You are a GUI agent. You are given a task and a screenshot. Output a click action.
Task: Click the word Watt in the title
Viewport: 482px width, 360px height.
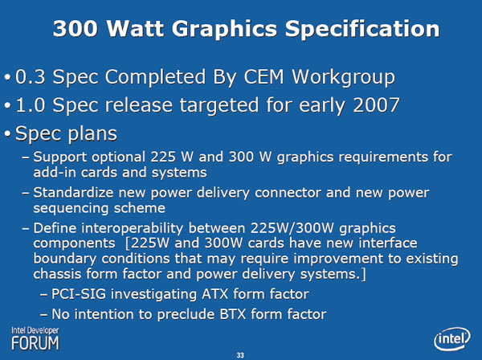[135, 28]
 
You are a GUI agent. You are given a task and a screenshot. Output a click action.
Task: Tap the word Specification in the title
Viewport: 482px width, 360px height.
[362, 30]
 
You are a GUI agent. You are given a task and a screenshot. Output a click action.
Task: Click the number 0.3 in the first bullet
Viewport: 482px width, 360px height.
[31, 76]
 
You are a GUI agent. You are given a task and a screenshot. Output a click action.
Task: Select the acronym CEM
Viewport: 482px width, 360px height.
[263, 76]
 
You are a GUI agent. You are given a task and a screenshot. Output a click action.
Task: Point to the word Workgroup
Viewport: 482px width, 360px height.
[343, 77]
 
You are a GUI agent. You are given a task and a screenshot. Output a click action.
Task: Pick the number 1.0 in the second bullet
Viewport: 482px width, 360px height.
[31, 105]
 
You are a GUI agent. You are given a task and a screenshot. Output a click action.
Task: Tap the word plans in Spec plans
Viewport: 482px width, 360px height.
[92, 134]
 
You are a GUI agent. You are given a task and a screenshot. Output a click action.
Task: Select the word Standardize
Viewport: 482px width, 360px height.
[73, 193]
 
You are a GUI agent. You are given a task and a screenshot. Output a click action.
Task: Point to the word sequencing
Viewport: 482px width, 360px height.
[71, 209]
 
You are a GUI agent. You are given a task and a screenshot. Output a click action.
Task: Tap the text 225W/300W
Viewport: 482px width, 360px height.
[292, 228]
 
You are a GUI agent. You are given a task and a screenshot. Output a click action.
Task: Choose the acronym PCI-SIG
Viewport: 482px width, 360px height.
[79, 294]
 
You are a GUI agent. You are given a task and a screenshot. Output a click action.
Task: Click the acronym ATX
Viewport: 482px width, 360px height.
[214, 294]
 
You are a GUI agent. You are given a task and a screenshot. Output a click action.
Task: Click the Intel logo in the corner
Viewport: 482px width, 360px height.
[452, 339]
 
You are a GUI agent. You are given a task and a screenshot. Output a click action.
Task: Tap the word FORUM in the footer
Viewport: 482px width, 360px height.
[35, 343]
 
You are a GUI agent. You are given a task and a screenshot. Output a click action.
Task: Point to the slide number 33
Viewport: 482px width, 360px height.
[240, 355]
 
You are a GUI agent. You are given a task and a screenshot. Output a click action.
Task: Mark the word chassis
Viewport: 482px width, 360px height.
[57, 274]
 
